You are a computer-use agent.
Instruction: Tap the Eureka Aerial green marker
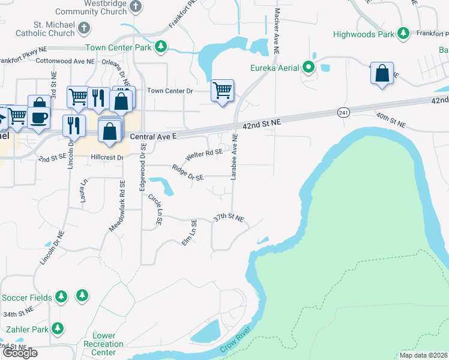(x=309, y=67)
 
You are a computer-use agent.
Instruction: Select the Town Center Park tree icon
(x=160, y=46)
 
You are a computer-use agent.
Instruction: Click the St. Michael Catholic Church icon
(x=84, y=28)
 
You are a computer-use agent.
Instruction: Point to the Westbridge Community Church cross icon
(x=136, y=7)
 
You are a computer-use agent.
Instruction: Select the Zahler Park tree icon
(x=57, y=328)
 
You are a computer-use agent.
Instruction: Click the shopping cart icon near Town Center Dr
(x=222, y=91)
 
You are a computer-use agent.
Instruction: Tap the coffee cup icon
(x=40, y=116)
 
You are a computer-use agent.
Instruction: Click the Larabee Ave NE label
(x=234, y=157)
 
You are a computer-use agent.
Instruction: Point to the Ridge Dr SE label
(x=188, y=173)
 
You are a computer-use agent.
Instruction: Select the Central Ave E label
(x=153, y=137)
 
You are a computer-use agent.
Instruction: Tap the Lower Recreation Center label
(x=104, y=344)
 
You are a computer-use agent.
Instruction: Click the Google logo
(x=20, y=353)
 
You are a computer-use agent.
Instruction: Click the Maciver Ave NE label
(x=277, y=33)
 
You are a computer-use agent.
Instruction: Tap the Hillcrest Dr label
(x=107, y=157)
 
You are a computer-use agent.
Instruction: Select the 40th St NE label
(x=391, y=120)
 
